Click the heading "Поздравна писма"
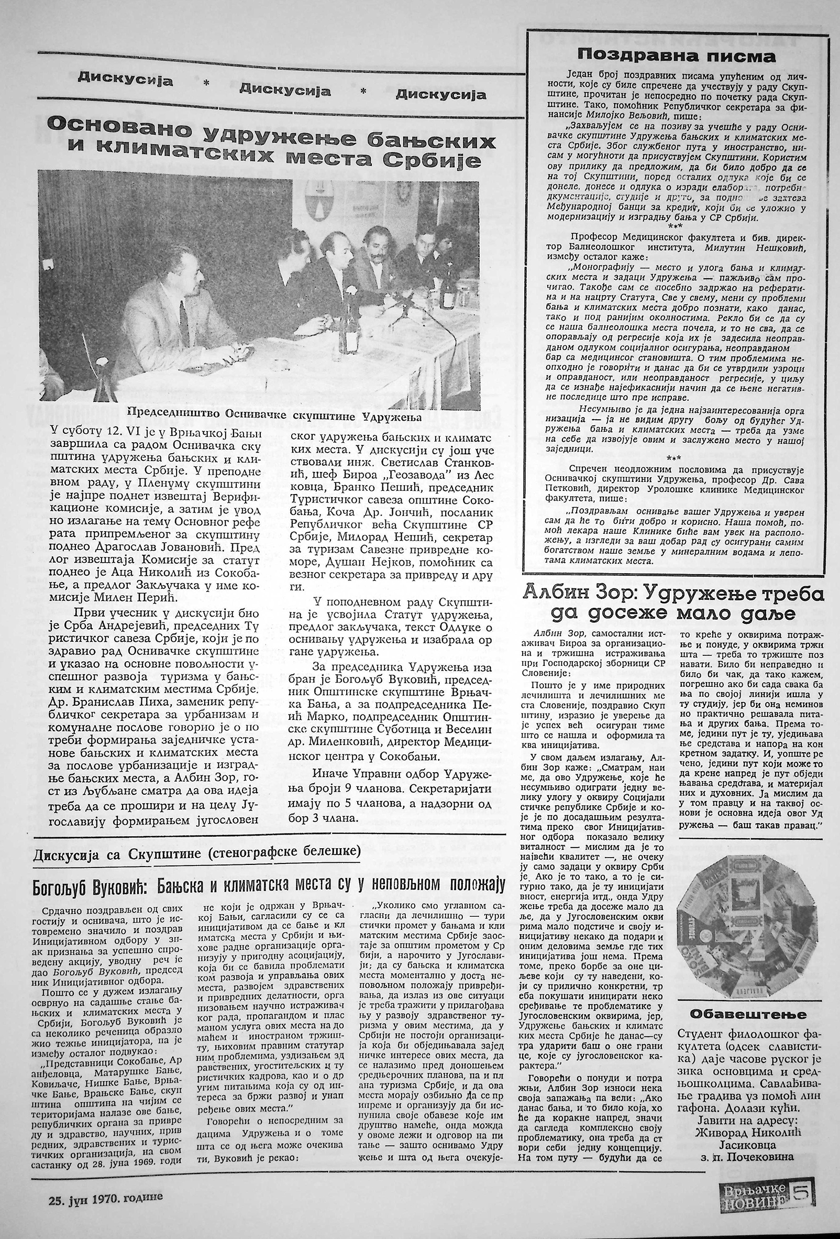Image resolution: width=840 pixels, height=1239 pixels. click(x=677, y=56)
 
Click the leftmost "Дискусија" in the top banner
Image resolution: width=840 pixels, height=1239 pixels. click(x=125, y=80)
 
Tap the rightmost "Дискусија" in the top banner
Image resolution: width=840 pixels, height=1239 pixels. click(x=441, y=95)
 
